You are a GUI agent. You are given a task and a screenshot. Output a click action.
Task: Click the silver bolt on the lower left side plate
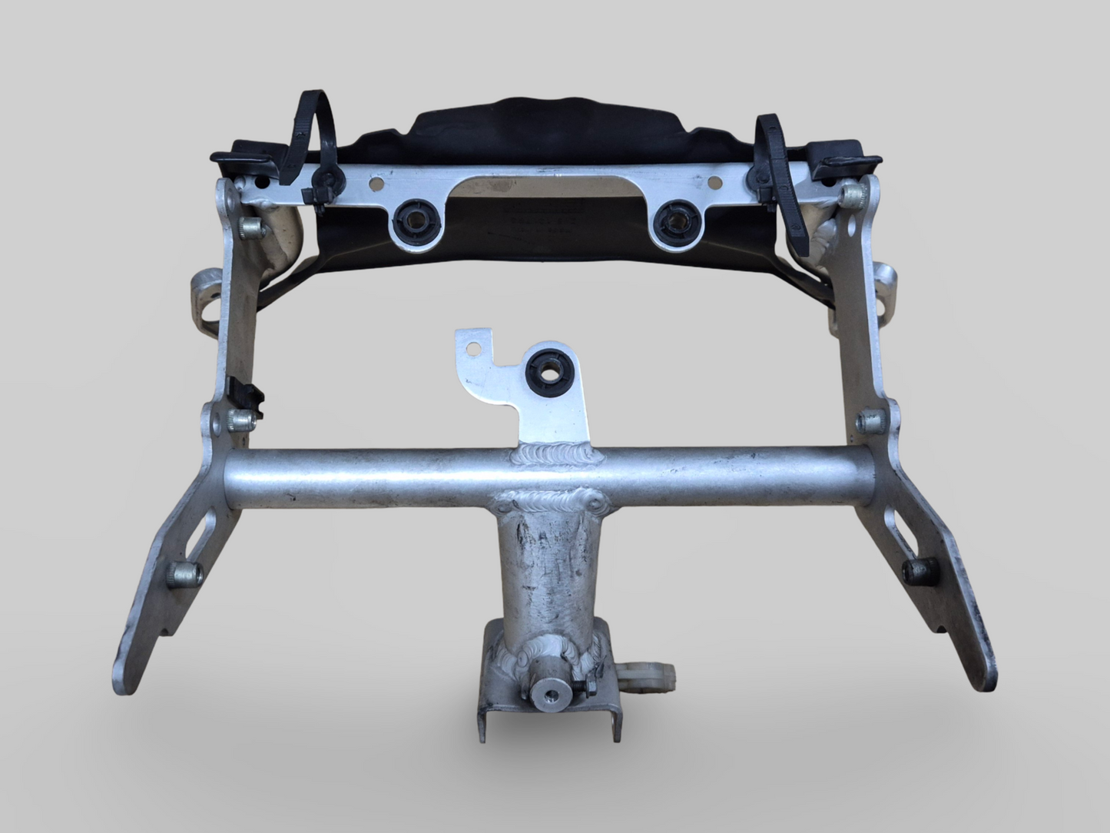click(x=186, y=572)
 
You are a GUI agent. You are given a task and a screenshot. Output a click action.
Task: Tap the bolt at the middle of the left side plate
click(x=240, y=420)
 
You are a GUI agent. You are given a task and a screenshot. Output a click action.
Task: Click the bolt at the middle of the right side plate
click(x=871, y=420)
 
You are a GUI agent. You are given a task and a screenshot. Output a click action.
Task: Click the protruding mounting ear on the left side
click(x=206, y=295)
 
